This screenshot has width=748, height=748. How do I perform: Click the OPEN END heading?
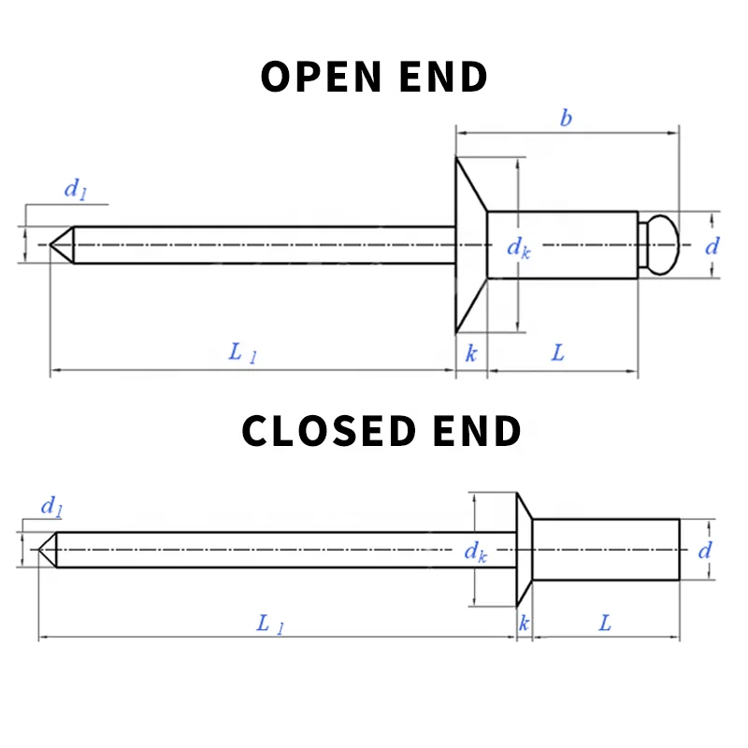coord(374,77)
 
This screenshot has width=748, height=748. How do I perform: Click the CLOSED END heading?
coord(381,431)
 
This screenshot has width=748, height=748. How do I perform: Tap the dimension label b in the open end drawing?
coord(566,118)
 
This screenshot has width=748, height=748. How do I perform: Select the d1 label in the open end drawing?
coord(75,189)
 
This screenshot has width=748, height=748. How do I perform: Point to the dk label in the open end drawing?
coord(518,247)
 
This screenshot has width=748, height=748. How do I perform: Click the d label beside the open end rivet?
coord(712,246)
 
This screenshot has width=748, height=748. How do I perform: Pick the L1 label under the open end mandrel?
coord(242,353)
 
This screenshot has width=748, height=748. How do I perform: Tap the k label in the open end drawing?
coord(471,353)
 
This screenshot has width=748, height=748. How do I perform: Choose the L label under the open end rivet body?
coord(558,352)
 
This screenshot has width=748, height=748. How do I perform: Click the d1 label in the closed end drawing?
coord(51,508)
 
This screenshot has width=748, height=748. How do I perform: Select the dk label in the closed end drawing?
coord(476,552)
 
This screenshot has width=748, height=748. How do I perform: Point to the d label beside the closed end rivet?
coord(705,550)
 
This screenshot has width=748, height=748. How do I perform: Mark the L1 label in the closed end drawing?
coord(269,624)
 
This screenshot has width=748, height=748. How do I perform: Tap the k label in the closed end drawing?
coord(524,623)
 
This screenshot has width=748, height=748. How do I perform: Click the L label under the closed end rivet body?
coord(605,623)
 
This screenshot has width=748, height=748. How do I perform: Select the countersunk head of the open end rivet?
coord(471,245)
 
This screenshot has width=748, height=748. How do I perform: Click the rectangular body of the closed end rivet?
coord(606,550)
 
